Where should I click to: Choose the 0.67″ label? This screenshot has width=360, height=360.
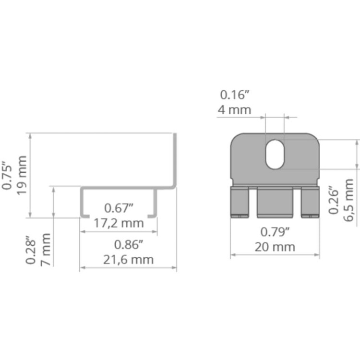tap(119, 209)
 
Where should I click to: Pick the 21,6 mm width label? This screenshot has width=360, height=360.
tap(129, 260)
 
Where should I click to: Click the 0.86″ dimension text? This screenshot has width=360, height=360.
tap(129, 245)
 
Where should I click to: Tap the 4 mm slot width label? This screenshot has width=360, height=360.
tap(234, 109)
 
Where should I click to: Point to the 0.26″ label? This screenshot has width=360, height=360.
tap(334, 200)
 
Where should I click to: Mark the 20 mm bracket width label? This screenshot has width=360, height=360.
tap(275, 247)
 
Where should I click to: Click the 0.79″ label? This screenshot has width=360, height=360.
tap(275, 232)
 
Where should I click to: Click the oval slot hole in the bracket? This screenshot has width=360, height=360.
tap(275, 154)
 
